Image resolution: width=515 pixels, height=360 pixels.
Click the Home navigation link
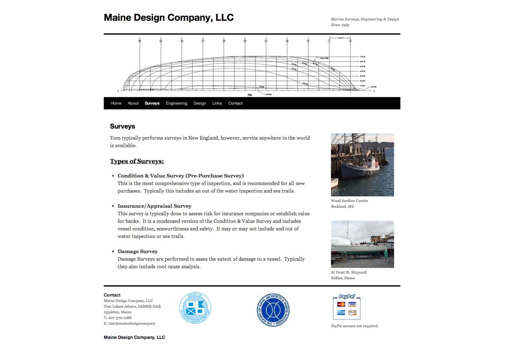click(x=116, y=103)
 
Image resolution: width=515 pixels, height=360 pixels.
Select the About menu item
click(x=133, y=103)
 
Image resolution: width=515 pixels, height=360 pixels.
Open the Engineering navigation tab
click(x=176, y=103)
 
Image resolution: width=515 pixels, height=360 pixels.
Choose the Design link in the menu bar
click(x=199, y=103)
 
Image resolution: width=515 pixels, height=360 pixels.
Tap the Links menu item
click(x=217, y=103)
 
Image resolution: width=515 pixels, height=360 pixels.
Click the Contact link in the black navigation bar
click(x=236, y=103)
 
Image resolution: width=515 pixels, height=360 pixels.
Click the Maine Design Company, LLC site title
click(x=168, y=18)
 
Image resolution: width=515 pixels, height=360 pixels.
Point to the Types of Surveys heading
click(x=137, y=161)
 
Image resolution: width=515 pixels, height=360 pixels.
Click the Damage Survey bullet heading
click(x=137, y=252)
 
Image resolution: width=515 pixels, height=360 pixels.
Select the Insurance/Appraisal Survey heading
click(x=154, y=206)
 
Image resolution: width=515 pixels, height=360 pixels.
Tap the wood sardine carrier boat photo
click(x=362, y=165)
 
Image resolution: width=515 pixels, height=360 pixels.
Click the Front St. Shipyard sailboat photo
click(x=362, y=244)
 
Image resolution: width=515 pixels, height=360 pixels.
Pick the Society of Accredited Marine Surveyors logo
click(x=195, y=308)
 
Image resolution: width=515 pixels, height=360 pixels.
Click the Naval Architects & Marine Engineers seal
click(x=273, y=310)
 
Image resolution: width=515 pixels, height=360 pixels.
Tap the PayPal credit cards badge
click(x=347, y=307)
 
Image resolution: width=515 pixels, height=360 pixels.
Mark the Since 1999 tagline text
click(x=340, y=25)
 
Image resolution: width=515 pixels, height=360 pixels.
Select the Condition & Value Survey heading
click(x=181, y=176)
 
